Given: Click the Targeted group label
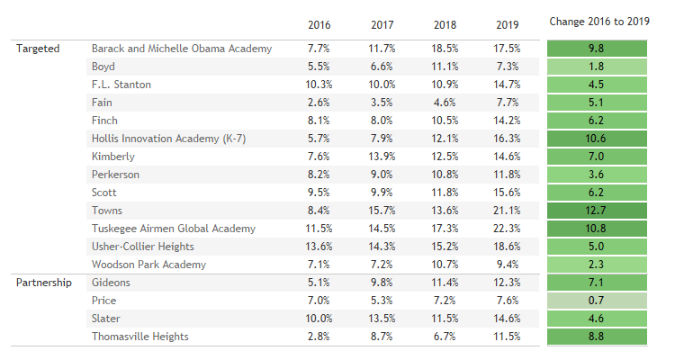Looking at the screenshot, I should (x=38, y=49).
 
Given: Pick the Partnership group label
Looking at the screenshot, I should (x=43, y=283).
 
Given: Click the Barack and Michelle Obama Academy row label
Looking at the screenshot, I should (x=181, y=49).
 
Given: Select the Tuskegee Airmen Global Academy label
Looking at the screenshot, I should (x=174, y=229).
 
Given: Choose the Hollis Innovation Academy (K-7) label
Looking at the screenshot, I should (x=166, y=139).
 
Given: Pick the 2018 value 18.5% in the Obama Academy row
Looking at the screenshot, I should (x=445, y=49).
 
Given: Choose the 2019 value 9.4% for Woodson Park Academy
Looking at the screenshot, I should (x=508, y=265).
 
